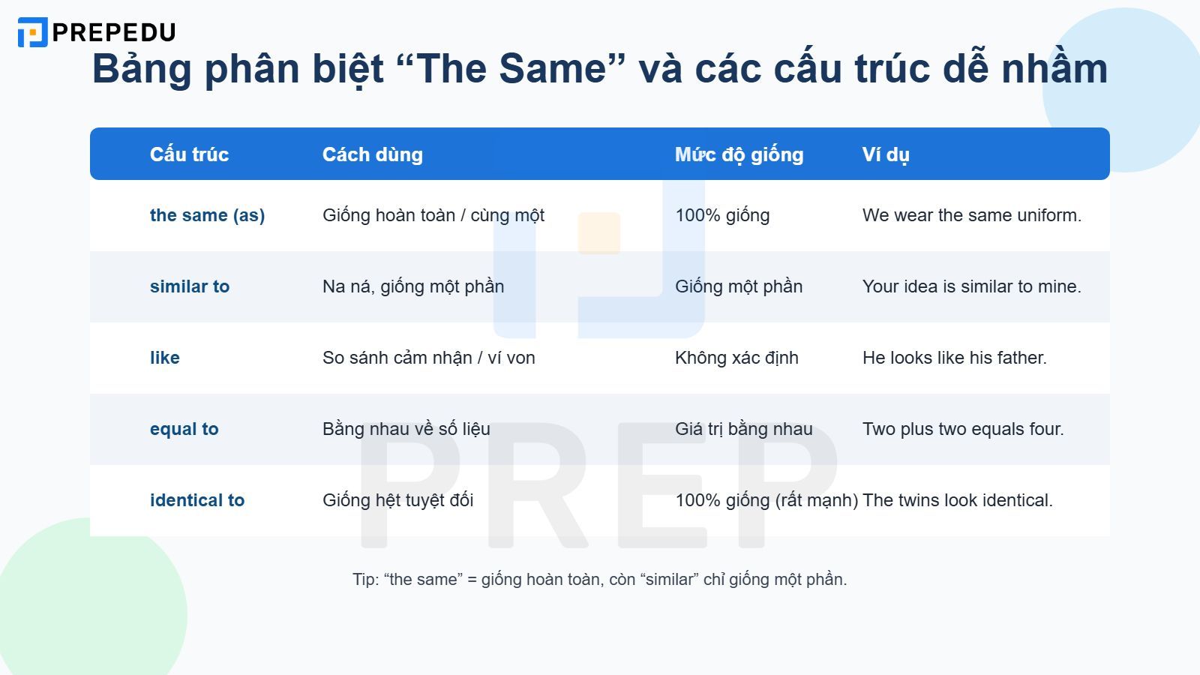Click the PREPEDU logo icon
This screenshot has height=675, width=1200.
[x=32, y=32]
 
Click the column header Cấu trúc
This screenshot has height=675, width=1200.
[x=189, y=154]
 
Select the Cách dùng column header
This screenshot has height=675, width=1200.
[x=372, y=154]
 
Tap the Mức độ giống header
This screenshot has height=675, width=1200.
[x=739, y=154]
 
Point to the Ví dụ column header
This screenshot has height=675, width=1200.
[x=886, y=154]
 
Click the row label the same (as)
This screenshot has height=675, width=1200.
[x=207, y=215]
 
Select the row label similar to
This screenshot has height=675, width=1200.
[x=190, y=286]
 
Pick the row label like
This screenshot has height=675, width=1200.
[x=165, y=358]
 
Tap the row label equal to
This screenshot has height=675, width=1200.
[x=184, y=429]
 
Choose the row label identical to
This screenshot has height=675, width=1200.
[x=197, y=500]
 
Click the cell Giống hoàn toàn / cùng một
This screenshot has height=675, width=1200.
[x=433, y=215]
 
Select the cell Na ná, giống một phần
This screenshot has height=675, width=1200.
[x=413, y=286]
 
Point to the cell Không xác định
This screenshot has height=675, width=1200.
[x=736, y=358]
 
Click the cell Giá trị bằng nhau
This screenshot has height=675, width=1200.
[x=744, y=429]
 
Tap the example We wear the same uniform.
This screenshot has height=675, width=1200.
[x=972, y=215]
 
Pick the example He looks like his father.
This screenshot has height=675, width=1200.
[x=955, y=358]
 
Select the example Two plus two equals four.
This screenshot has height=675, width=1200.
[x=963, y=429]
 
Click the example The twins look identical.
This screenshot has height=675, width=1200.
[x=958, y=500]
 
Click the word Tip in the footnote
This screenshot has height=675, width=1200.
[x=365, y=580]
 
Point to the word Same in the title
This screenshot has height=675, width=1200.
[x=552, y=68]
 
